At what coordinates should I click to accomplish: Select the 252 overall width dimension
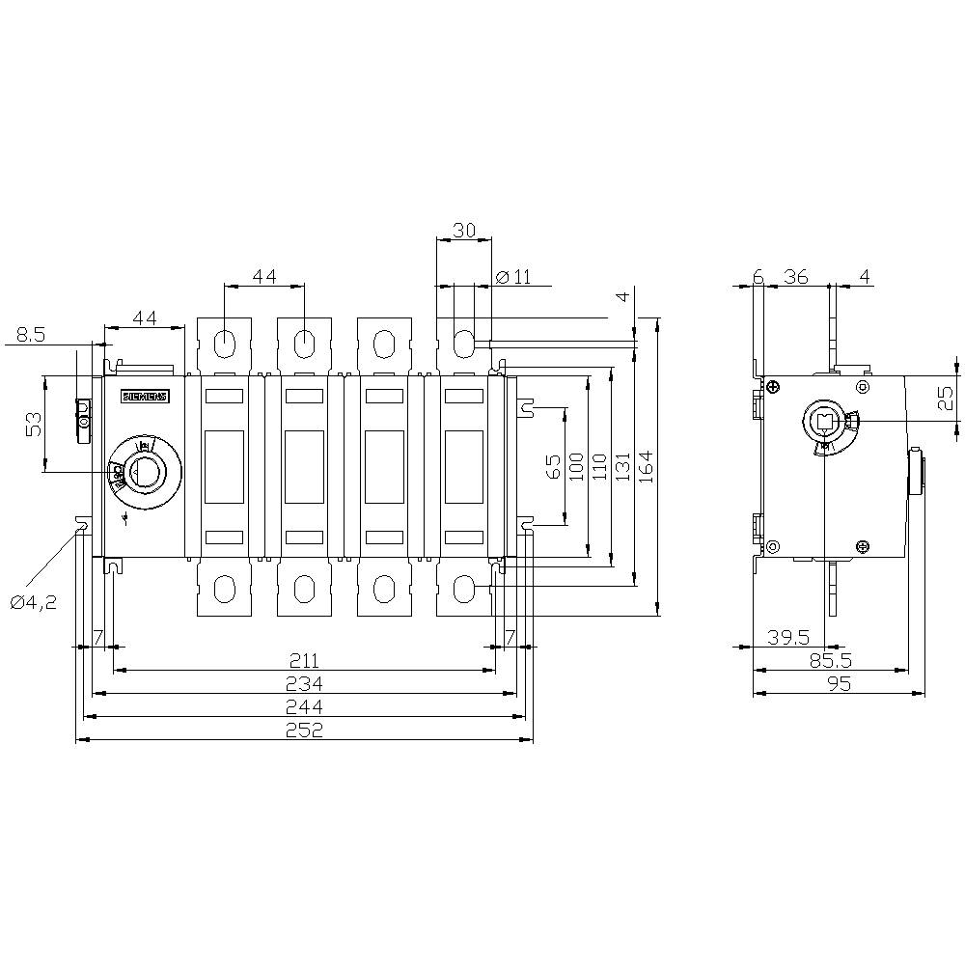point(305,730)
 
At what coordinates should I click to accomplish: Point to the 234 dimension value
point(305,683)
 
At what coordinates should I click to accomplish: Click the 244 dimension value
point(305,707)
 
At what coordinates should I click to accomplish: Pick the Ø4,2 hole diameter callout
point(34,602)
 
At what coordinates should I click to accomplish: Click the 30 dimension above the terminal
point(463,231)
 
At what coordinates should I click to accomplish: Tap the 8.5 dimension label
point(30,335)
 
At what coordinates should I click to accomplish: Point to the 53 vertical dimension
point(34,424)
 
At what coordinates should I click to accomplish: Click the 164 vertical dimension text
point(646,466)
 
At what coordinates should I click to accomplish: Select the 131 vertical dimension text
point(622,466)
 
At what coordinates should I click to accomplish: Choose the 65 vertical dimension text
point(554,466)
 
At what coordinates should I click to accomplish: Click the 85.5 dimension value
point(831,661)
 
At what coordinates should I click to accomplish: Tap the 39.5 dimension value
point(788,637)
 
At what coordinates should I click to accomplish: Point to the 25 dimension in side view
point(946,397)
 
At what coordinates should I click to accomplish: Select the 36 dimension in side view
point(796,277)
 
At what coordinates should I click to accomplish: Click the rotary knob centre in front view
point(145,472)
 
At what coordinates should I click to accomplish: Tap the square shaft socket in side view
point(826,421)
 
